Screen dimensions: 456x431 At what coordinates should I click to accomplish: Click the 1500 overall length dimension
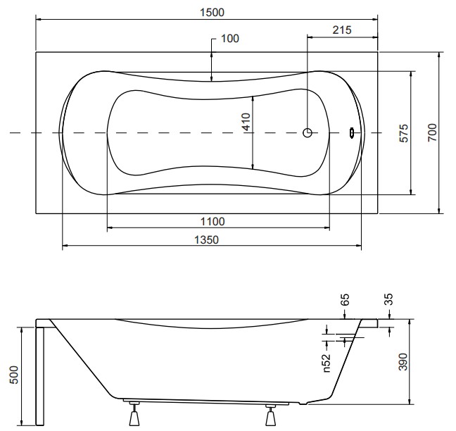point(212,13)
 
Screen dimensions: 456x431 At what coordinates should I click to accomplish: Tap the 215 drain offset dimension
point(342,30)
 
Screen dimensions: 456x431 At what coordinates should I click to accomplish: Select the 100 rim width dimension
point(230,39)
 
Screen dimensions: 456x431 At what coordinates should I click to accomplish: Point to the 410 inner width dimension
point(246,122)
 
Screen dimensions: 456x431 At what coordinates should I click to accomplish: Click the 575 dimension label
point(404,133)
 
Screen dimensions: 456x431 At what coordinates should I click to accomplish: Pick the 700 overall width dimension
point(433,132)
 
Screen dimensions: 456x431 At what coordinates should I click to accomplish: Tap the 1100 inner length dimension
point(213,222)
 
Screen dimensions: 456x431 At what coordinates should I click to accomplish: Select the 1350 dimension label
point(206,240)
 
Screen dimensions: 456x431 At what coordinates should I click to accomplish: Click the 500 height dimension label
point(13,375)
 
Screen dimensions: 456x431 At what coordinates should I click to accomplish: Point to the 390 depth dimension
point(403,362)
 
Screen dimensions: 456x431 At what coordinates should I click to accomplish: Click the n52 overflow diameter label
point(327,363)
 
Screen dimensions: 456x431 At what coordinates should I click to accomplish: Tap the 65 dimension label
point(344,300)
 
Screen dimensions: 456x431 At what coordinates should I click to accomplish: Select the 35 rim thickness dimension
point(389,299)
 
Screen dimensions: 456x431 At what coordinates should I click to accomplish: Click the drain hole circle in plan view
point(308,132)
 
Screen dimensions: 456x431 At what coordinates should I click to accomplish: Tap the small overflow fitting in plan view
point(352,132)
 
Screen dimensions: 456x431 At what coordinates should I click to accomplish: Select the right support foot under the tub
point(270,414)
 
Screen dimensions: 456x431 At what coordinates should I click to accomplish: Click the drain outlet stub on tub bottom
point(303,403)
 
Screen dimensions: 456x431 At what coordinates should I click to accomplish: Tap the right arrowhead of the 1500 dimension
point(376,20)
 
